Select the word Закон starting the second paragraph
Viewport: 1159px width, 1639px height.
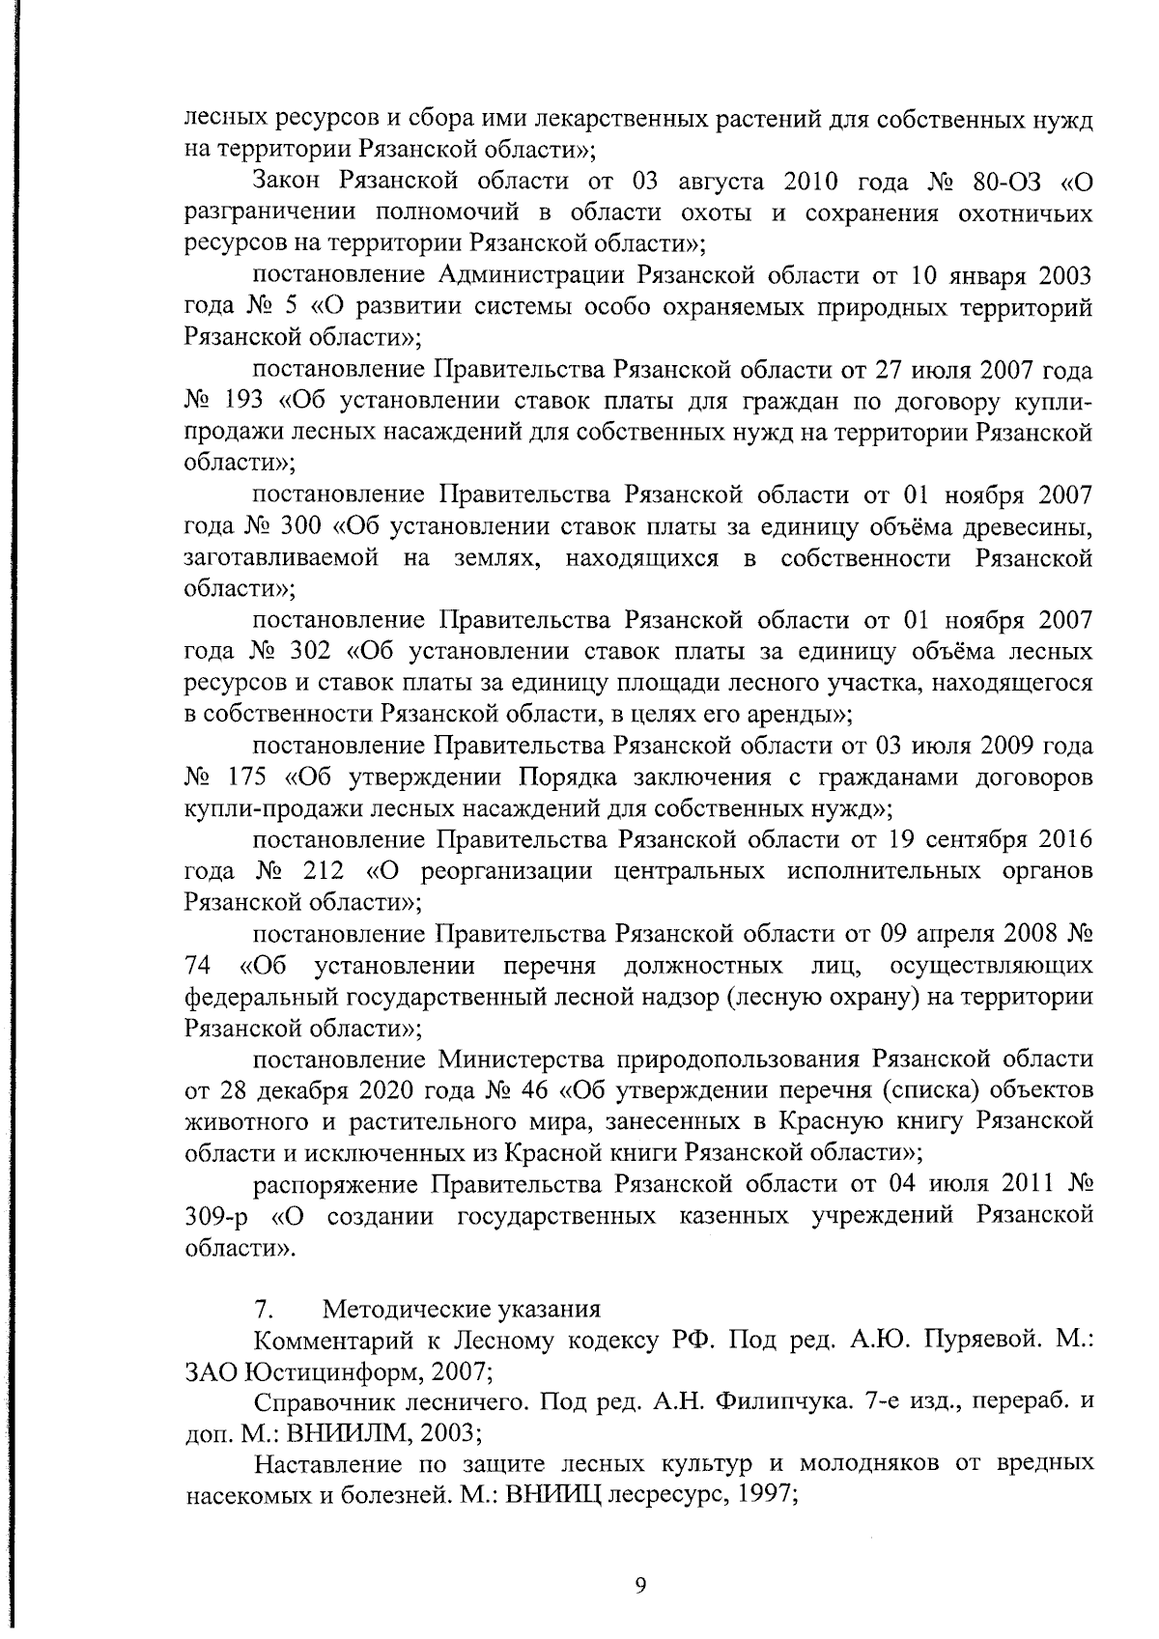click(291, 183)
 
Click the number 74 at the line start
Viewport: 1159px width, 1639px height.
click(199, 966)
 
